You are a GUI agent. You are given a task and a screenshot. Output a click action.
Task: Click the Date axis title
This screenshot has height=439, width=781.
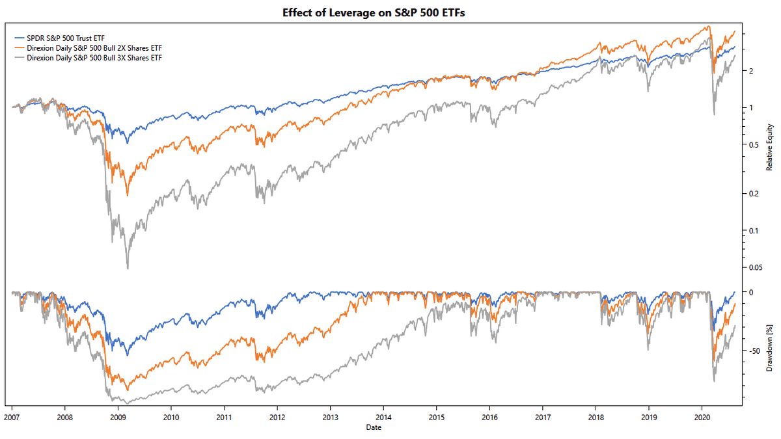(373, 427)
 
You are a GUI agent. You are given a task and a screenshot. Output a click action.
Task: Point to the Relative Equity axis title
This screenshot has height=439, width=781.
(769, 148)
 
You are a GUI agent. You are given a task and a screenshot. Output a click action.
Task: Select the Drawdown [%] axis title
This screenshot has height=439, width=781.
(769, 345)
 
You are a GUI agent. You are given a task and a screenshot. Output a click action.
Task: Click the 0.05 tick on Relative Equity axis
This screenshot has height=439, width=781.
(756, 267)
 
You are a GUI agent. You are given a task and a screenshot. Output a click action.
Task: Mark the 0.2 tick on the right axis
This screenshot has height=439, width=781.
(753, 194)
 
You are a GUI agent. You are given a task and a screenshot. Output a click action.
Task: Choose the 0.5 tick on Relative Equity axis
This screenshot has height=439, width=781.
(753, 144)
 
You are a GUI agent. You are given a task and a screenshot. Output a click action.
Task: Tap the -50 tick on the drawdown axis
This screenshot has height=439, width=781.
(755, 351)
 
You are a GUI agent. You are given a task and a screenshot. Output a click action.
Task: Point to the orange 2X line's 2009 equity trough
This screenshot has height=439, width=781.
(128, 196)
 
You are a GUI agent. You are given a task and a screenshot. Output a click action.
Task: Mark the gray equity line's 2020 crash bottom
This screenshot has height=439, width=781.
(714, 115)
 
